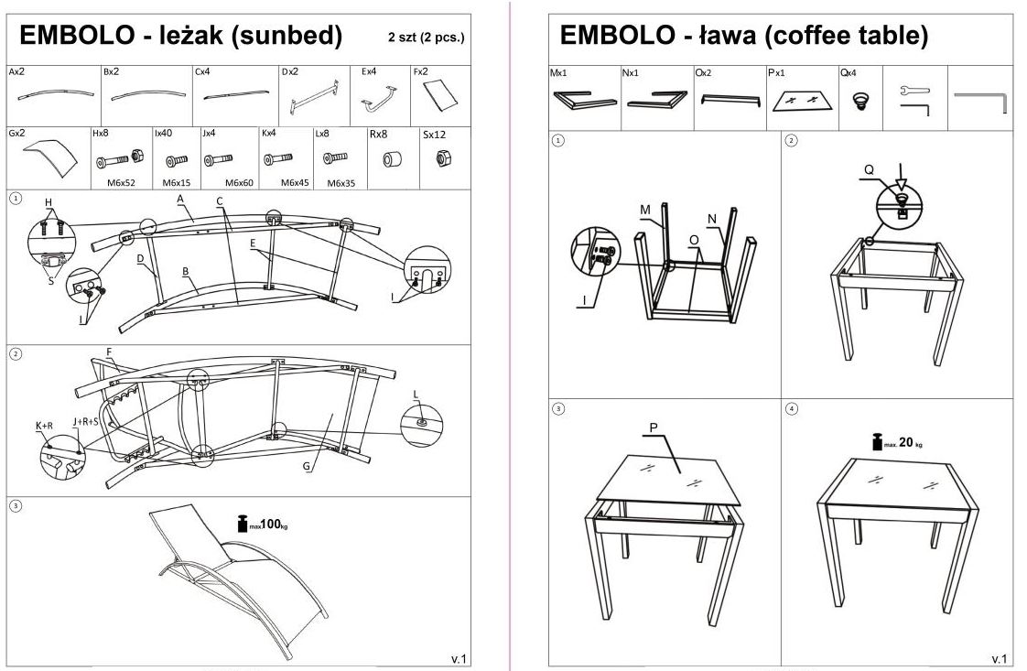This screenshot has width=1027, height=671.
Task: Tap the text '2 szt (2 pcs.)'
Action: (426, 38)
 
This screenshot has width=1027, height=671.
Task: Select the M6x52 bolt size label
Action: (121, 182)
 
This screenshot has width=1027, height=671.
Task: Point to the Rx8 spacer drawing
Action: (393, 159)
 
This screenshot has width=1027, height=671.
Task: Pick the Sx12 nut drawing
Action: (437, 158)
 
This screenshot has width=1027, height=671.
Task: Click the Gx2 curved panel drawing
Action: (51, 157)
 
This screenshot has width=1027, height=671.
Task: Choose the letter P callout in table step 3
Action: (654, 427)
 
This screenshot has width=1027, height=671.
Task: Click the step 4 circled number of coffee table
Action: (792, 408)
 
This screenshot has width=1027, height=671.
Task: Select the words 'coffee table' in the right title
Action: (848, 36)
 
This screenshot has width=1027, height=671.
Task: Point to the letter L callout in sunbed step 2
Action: (416, 394)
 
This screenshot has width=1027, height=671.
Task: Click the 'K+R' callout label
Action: (44, 426)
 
